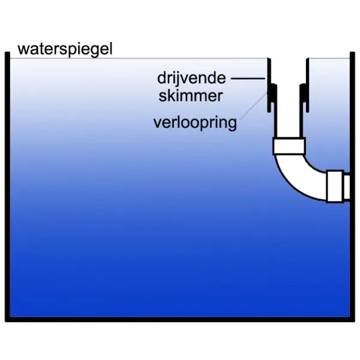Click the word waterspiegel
click(x=65, y=49)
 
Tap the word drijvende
click(x=191, y=78)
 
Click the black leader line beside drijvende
click(x=248, y=78)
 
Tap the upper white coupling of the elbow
click(x=289, y=146)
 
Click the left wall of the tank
click(x=8, y=180)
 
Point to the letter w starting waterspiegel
click(x=23, y=49)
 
